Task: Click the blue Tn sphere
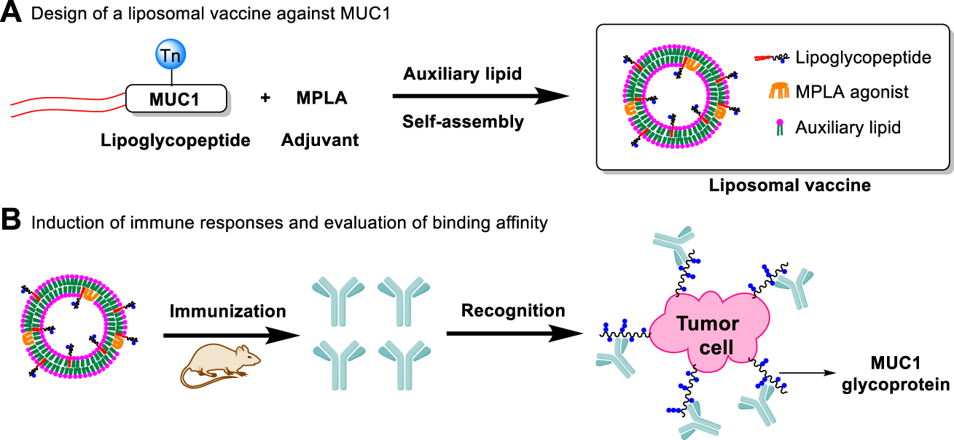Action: coord(171,54)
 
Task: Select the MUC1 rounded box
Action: coord(176,99)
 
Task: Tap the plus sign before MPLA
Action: coord(265,98)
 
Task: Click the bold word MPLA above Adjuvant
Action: coord(321,98)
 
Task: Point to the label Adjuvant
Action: coord(319,140)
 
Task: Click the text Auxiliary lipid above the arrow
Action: coord(462,74)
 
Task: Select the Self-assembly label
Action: coord(463,122)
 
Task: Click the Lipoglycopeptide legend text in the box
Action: coord(864,58)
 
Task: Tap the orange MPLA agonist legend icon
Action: coord(779,91)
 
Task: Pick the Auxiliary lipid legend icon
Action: coord(780,128)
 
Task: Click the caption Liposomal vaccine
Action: coord(789,185)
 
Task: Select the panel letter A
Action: coord(11,12)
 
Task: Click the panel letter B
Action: coord(11,220)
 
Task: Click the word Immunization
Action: coord(228,312)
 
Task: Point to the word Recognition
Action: coord(513,310)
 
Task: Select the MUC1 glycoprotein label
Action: coord(896,374)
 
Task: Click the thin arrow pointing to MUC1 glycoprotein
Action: coord(808,373)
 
